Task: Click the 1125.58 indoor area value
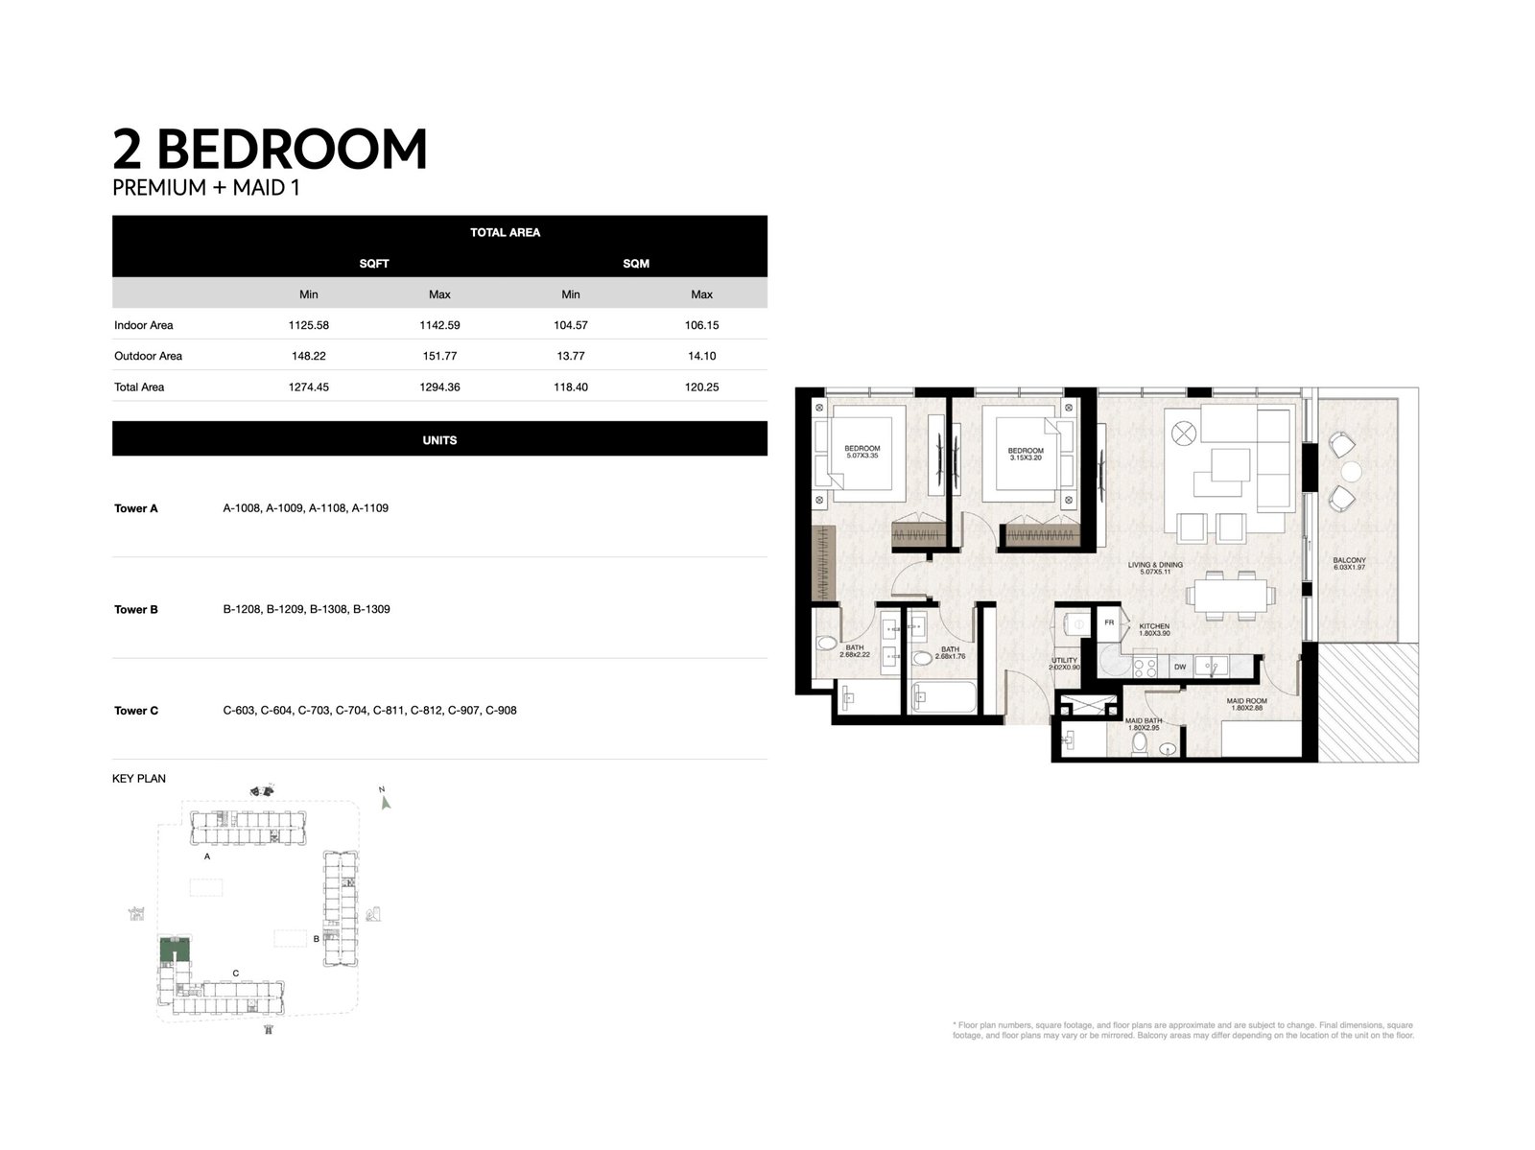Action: pyautogui.click(x=308, y=325)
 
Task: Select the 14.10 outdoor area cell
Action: pyautogui.click(x=701, y=356)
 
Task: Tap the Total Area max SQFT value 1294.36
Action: pyautogui.click(x=439, y=387)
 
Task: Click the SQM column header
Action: pyautogui.click(x=635, y=263)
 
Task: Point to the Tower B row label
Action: pyautogui.click(x=136, y=609)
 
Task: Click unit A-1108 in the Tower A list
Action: pyautogui.click(x=327, y=508)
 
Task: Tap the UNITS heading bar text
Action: pyautogui.click(x=439, y=440)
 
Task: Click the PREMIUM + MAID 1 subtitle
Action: pyautogui.click(x=206, y=188)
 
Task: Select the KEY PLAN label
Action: pyautogui.click(x=139, y=779)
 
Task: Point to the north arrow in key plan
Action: pyautogui.click(x=386, y=801)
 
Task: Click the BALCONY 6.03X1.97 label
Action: pyautogui.click(x=1349, y=564)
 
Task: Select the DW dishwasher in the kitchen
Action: pyautogui.click(x=1179, y=667)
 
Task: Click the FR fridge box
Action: pyautogui.click(x=1109, y=622)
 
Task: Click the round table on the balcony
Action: pyautogui.click(x=1352, y=471)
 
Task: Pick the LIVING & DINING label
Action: pyautogui.click(x=1148, y=569)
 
